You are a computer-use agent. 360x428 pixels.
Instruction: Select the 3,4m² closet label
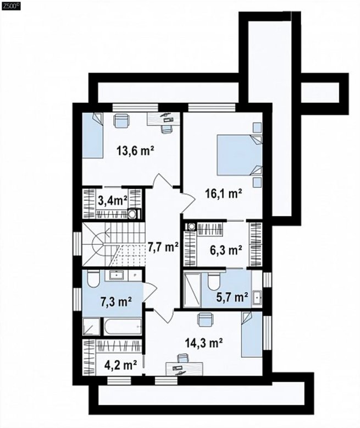pos(112,202)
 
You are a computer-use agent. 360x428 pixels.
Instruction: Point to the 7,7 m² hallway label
pos(163,248)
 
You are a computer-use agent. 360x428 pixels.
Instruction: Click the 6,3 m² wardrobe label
pos(226,250)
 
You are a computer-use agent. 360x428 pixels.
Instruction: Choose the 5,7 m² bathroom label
pos(232,297)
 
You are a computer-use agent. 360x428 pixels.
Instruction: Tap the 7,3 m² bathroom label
pos(115,302)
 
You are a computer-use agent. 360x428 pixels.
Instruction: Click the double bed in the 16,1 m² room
pos(239,155)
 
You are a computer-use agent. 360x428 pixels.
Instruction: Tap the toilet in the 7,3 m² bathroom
pos(93,278)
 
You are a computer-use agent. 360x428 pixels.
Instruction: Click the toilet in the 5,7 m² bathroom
pos(214,281)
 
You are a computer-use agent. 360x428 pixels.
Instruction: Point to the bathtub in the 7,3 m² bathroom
pos(122,326)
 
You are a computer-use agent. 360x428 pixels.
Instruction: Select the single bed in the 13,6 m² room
pos(92,136)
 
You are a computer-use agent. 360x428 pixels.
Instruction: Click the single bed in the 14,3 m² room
pos(252,334)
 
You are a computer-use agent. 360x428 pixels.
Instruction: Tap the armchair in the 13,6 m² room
pos(121,120)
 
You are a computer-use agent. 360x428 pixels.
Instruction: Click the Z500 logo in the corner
pos(11,7)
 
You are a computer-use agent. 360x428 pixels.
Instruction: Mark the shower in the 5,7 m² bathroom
pos(192,289)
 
